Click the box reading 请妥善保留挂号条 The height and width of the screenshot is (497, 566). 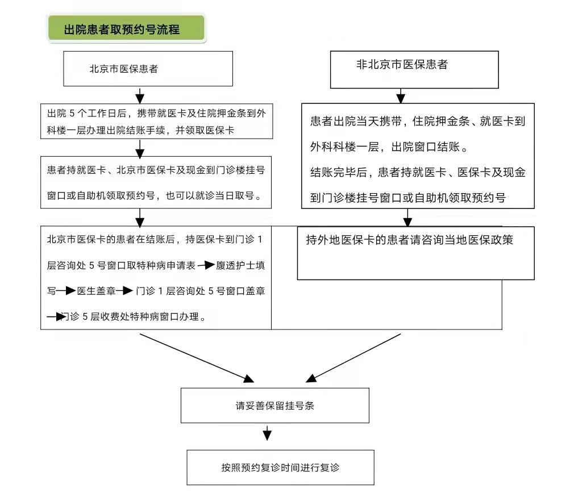[274, 406]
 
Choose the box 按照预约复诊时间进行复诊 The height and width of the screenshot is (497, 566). [280, 467]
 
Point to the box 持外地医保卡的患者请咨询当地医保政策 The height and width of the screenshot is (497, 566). [415, 253]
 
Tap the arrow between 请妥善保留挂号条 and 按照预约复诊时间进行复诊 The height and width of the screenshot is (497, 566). [267, 434]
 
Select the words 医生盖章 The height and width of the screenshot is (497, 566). [95, 291]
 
